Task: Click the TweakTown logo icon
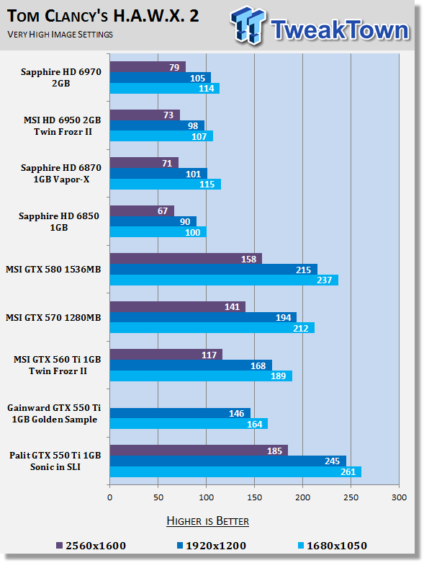click(x=249, y=26)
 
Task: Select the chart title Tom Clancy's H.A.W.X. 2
click(x=103, y=16)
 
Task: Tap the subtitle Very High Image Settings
click(x=60, y=35)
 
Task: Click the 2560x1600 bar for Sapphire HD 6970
click(x=148, y=67)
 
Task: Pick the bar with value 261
click(x=235, y=471)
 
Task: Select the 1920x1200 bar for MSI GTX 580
click(x=214, y=270)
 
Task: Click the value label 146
click(x=237, y=414)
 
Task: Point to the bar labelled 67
click(x=142, y=210)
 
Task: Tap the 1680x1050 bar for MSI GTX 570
click(x=212, y=328)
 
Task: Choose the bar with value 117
click(x=166, y=355)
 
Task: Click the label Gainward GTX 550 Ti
click(x=54, y=408)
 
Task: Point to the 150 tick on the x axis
click(x=254, y=497)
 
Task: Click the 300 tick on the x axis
click(x=399, y=497)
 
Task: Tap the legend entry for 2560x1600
click(x=91, y=546)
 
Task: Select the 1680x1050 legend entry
click(x=333, y=546)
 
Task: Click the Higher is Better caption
click(x=207, y=521)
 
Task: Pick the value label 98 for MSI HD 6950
click(x=193, y=125)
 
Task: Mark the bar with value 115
click(x=166, y=185)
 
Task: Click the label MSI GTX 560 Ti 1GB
click(x=58, y=360)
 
